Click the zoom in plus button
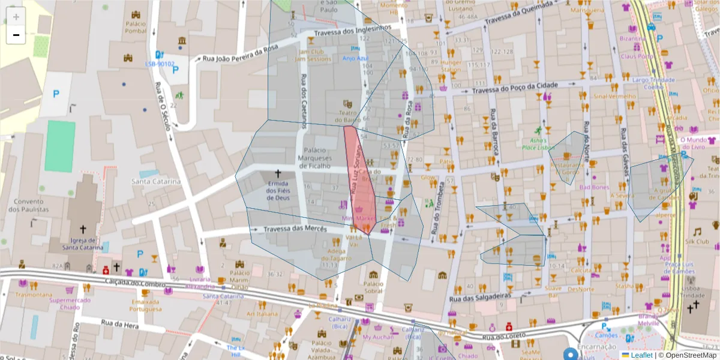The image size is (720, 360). click(x=16, y=17)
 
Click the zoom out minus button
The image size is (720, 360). click(x=16, y=35)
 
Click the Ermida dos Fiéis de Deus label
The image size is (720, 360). click(x=278, y=191)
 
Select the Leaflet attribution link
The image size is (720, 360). click(x=641, y=355)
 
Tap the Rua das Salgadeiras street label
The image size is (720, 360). click(x=480, y=297)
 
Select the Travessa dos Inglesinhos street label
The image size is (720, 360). click(x=353, y=30)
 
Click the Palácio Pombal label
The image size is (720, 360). click(x=136, y=27)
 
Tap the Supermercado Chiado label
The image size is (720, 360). click(x=70, y=304)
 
